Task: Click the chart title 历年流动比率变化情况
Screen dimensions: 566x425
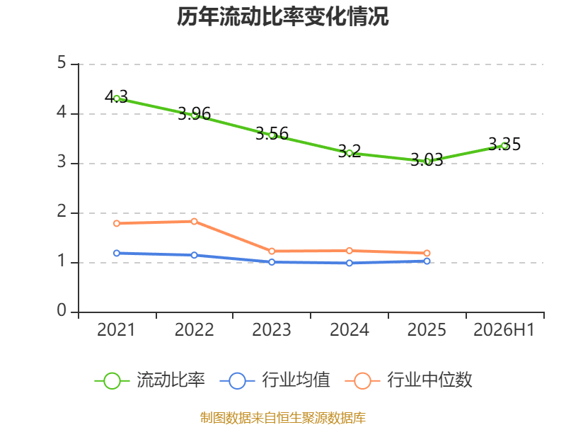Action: coord(282,16)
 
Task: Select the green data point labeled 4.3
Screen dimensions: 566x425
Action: coord(117,98)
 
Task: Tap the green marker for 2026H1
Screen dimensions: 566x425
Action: coord(504,146)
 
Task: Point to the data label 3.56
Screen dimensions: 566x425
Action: coord(272,134)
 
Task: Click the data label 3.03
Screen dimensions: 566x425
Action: coord(427,160)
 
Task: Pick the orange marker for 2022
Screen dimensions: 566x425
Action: coord(194,222)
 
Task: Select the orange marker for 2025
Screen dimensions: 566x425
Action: coord(427,253)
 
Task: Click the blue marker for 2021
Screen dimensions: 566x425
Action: coord(117,253)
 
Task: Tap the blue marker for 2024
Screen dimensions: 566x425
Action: coord(350,263)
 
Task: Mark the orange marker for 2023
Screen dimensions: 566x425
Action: coord(272,251)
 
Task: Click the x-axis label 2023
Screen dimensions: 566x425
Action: coord(272,329)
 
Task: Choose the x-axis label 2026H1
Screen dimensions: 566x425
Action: coord(504,329)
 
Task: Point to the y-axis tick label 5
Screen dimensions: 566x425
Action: coord(62,63)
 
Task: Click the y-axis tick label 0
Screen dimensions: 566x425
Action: coord(62,310)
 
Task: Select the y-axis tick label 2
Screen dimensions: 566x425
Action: coord(62,211)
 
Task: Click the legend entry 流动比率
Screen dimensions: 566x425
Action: coord(150,380)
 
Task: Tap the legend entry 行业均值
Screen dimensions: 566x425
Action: coord(275,380)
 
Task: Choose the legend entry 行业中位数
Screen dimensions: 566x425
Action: coord(408,380)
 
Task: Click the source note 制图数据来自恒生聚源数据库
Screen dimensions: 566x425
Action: coord(283,418)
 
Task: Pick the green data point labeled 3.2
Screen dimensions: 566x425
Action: coord(350,153)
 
